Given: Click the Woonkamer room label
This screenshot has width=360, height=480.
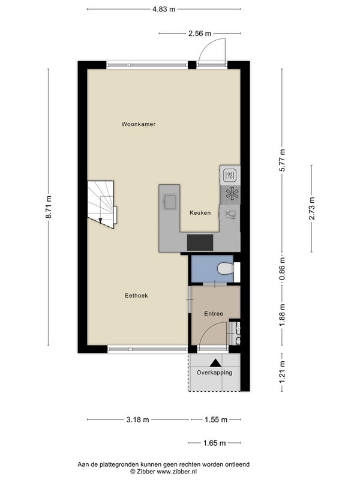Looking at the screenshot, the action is [x=139, y=124].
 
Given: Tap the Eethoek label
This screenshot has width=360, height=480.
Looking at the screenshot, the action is [x=136, y=295].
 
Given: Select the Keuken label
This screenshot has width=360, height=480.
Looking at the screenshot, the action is [x=200, y=212].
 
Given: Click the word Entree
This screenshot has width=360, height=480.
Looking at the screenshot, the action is [x=214, y=313].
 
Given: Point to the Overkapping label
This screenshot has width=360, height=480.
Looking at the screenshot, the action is [x=214, y=373].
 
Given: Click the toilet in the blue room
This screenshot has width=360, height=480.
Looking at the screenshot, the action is [x=226, y=269].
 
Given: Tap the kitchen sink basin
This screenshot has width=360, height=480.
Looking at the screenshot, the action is [x=170, y=202].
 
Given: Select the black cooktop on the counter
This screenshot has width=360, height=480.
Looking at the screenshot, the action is [x=200, y=242].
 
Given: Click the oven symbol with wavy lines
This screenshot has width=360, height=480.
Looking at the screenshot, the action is [x=230, y=176].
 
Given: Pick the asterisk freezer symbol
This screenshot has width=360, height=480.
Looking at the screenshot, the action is [x=232, y=194].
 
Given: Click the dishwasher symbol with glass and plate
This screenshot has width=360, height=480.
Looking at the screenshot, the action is [x=230, y=214].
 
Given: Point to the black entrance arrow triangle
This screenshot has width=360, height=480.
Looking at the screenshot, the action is [x=215, y=363].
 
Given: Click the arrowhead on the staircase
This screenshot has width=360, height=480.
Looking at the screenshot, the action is [x=100, y=220].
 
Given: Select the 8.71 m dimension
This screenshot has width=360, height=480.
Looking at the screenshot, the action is [x=49, y=207].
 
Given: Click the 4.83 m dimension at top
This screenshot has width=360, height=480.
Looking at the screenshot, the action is [x=164, y=9].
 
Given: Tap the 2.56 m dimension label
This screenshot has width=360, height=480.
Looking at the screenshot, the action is [x=200, y=34].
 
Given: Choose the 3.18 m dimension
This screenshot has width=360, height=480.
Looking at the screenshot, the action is [x=138, y=419].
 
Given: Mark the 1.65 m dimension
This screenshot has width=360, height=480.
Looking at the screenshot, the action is [x=214, y=443].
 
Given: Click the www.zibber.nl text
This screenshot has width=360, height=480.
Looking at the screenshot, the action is [x=176, y=472].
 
